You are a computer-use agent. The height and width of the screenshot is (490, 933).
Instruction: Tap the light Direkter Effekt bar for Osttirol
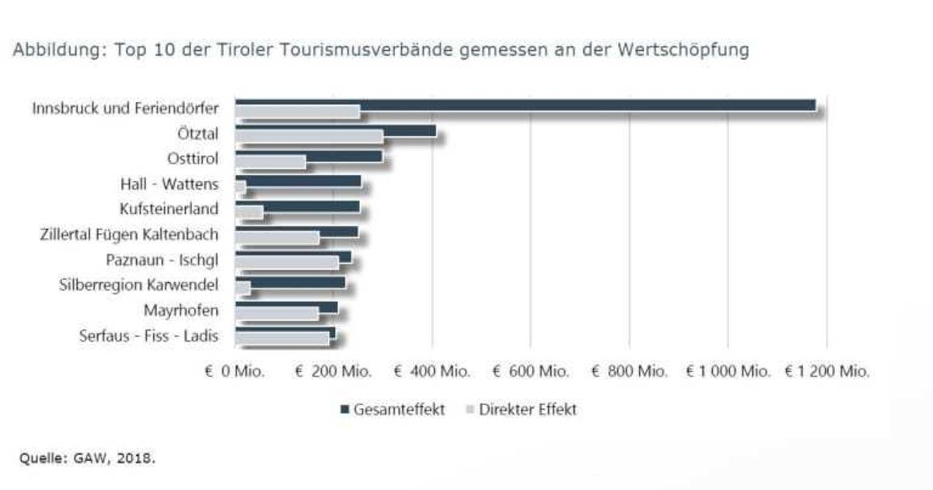pos(270,163)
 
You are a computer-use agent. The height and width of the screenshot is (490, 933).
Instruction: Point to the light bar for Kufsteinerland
pos(249,212)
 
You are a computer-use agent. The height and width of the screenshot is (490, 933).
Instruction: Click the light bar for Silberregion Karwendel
pos(243,289)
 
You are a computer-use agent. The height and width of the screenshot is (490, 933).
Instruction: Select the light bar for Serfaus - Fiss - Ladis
pos(281,338)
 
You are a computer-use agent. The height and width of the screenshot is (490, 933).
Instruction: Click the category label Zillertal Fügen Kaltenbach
pos(128,234)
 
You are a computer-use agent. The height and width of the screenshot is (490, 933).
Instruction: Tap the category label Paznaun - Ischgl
pos(162,260)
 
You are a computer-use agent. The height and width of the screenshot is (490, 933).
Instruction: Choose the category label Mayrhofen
pos(180,310)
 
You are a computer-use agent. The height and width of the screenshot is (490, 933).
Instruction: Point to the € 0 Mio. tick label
pos(235,372)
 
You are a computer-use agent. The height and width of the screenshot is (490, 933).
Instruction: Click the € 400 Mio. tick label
pos(432,372)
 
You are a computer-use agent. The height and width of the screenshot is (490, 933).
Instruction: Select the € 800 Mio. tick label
pos(629,372)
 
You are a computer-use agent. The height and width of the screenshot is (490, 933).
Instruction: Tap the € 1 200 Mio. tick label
pos(826,372)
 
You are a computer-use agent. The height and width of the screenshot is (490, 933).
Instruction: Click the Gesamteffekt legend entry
pos(392,409)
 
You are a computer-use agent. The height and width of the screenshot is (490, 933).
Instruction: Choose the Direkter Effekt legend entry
pos(521,409)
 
